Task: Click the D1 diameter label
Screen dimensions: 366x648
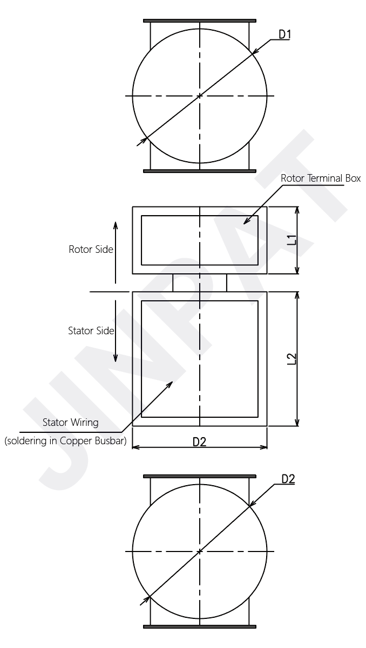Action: point(284,35)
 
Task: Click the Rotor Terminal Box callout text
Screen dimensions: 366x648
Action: point(321,178)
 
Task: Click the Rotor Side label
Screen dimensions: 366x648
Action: point(91,250)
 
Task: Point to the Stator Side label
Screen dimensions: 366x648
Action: point(91,330)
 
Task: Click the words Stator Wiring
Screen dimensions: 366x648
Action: point(70,422)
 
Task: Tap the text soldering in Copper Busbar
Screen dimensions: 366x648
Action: point(65,440)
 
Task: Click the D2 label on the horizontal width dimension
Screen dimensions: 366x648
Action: point(199,442)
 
